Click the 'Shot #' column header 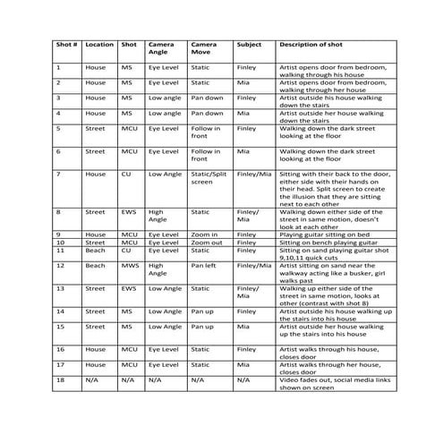[66, 44]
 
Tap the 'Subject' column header [250, 44]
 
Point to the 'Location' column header [99, 44]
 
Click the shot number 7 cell [59, 174]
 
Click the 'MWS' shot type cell [131, 265]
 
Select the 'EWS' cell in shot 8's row [130, 212]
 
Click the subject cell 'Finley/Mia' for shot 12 [253, 265]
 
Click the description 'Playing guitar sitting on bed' [328, 234]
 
